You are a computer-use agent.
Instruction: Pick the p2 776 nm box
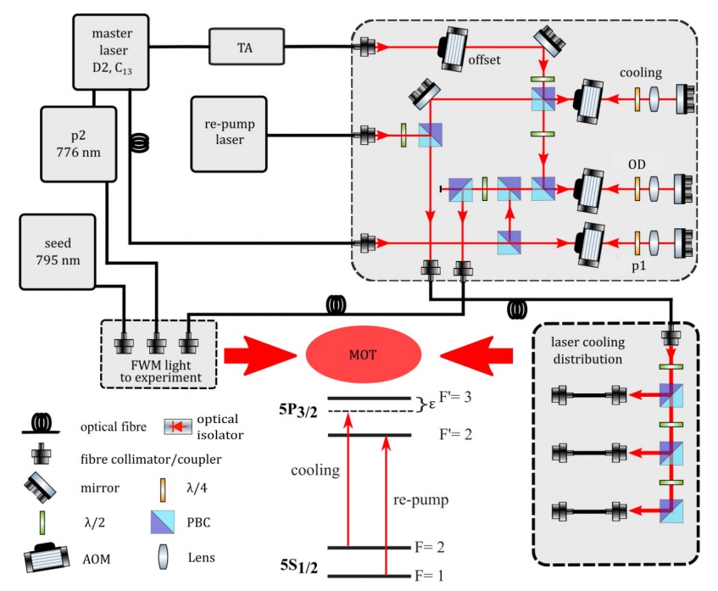pyautogui.click(x=74, y=141)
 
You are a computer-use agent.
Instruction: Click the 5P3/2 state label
pyautogui.click(x=300, y=409)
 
